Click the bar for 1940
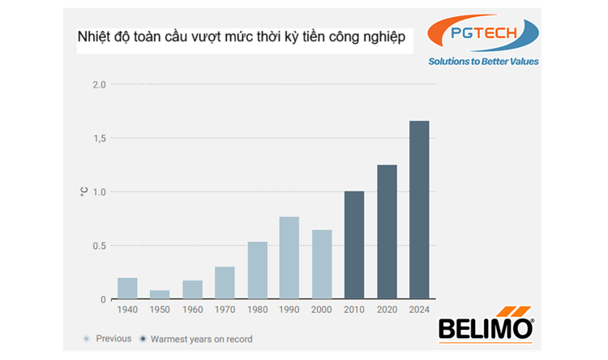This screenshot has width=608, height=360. pos(127,289)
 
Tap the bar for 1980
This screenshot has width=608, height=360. pos(257,271)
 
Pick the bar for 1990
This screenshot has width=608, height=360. pos(289,258)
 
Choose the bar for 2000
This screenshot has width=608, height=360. pos(322,265)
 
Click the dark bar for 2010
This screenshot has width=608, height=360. pos(354,246)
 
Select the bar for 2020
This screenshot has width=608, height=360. pos(387,233)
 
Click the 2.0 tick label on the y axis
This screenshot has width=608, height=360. pos(99,85)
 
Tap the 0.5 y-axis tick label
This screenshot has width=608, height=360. pos(99,246)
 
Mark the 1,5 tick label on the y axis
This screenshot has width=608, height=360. pos(99,139)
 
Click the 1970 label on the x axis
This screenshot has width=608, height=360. pos(225,310)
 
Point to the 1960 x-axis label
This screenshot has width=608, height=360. pos(192,310)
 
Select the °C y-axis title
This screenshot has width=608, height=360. pos(83,192)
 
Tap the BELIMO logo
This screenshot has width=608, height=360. pos(486,327)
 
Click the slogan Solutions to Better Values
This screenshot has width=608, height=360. pos(484,62)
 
